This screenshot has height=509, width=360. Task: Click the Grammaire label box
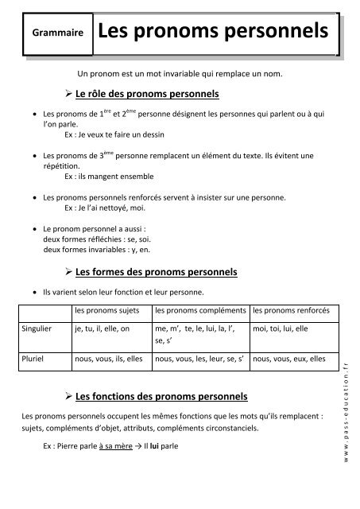click(x=55, y=34)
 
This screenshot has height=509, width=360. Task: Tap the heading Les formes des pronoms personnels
click(x=156, y=272)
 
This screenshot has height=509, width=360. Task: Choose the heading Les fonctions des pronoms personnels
click(x=161, y=395)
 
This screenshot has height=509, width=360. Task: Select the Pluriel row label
click(x=33, y=359)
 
